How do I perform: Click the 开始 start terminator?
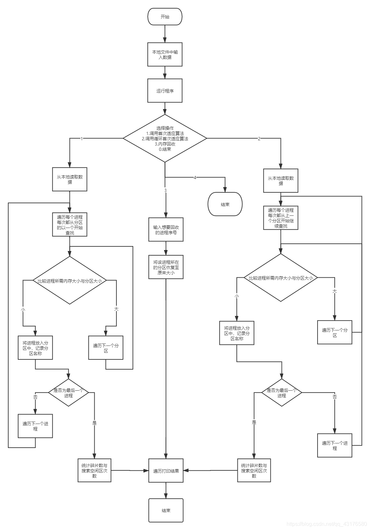[165, 16]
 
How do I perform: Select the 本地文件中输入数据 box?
[165, 54]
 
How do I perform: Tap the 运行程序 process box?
[165, 91]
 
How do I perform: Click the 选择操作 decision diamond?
[165, 138]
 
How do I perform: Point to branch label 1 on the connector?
[82, 139]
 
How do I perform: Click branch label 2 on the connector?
[259, 139]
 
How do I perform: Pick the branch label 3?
[165, 190]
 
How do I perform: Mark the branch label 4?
[195, 178]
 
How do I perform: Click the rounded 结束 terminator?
[225, 204]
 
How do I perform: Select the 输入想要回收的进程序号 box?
[166, 230]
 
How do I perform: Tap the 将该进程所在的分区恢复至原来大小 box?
[166, 267]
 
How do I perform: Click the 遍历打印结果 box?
[166, 471]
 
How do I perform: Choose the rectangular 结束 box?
[166, 510]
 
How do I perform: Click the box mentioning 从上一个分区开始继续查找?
[281, 218]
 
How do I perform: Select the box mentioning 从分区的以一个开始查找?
[70, 224]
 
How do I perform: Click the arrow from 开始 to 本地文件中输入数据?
[165, 34]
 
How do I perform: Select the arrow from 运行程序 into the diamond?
[165, 108]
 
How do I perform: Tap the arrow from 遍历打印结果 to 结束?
[166, 490]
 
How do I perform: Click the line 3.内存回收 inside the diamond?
[165, 144]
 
